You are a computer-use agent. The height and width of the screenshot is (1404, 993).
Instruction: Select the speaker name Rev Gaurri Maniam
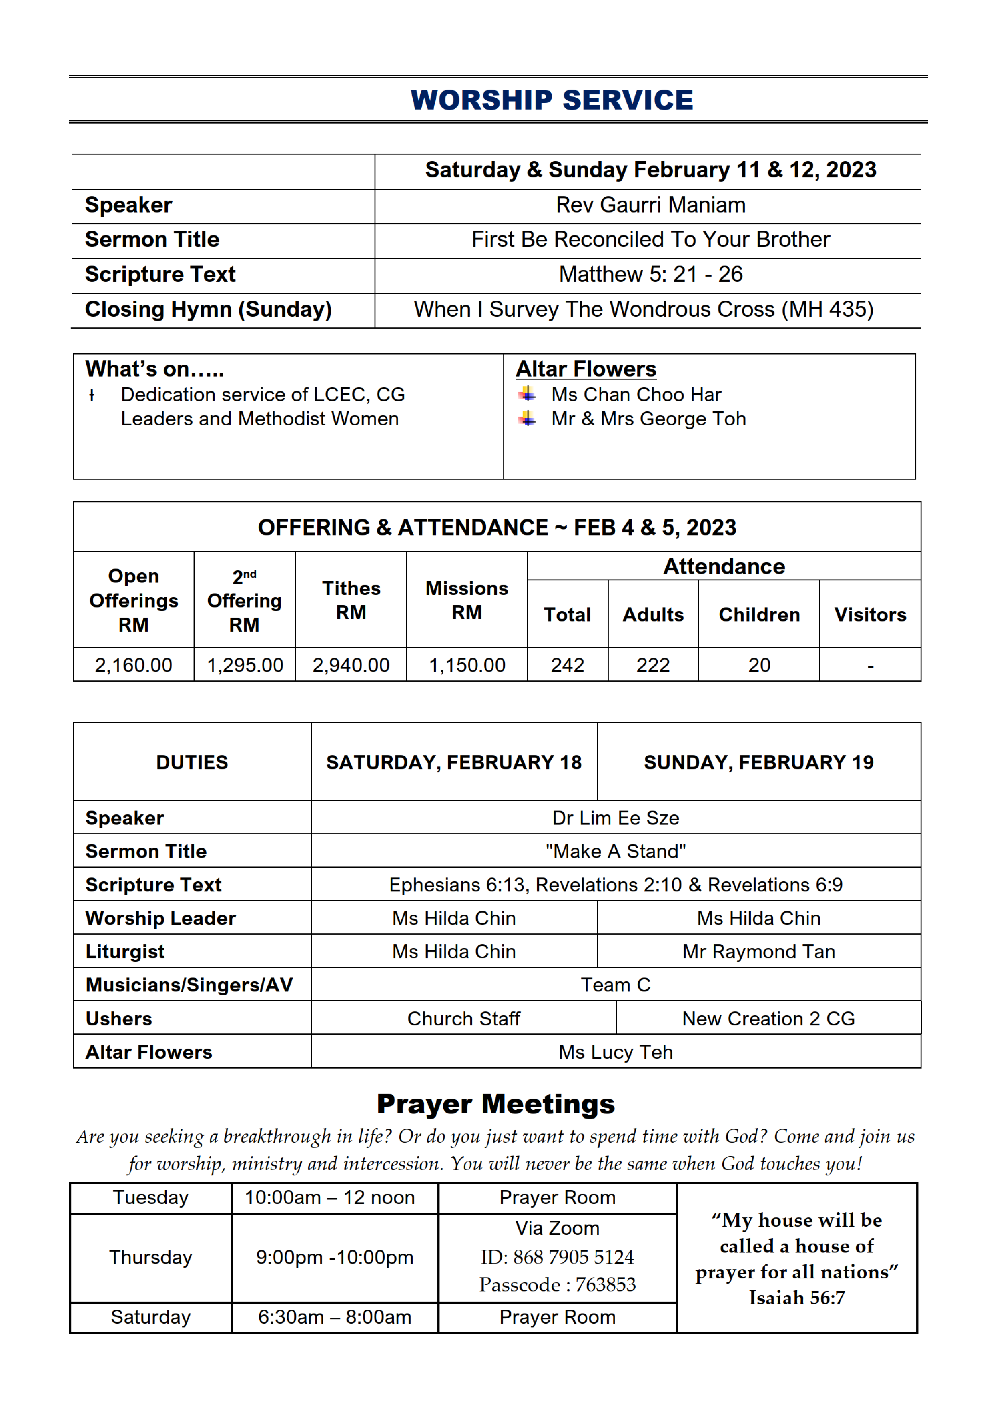point(650,205)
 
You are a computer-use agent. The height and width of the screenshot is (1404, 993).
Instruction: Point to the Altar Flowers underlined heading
point(586,369)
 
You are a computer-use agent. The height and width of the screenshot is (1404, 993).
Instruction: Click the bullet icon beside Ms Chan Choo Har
point(527,394)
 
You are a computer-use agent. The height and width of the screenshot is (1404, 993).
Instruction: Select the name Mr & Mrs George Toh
point(648,419)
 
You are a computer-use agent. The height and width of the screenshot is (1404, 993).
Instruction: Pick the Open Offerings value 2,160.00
point(133,665)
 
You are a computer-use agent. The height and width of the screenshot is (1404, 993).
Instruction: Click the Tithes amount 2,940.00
point(351,665)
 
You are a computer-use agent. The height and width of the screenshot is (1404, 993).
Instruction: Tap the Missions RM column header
point(467,600)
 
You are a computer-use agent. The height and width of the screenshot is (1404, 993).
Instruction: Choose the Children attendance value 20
point(759,665)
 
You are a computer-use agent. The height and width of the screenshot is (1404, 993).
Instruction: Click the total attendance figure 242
point(568,665)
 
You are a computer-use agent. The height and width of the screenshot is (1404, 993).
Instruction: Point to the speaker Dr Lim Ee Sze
point(616,818)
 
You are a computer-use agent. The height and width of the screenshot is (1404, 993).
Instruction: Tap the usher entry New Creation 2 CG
point(768,1019)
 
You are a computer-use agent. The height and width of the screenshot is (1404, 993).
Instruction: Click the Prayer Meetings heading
point(496,1104)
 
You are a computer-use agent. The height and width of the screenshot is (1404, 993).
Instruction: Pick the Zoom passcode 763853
point(605,1284)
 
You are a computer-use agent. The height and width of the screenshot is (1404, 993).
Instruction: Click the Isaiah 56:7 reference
point(797,1298)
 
